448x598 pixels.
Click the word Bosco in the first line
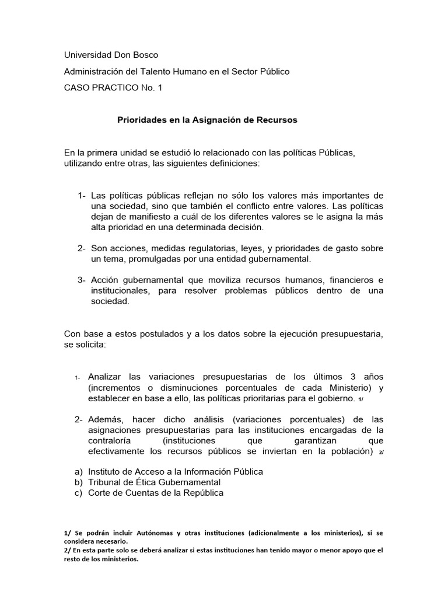coord(145,55)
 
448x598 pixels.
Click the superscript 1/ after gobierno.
coord(361,399)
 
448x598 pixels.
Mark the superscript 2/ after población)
coord(380,453)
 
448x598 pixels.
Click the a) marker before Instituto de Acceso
coord(78,471)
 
